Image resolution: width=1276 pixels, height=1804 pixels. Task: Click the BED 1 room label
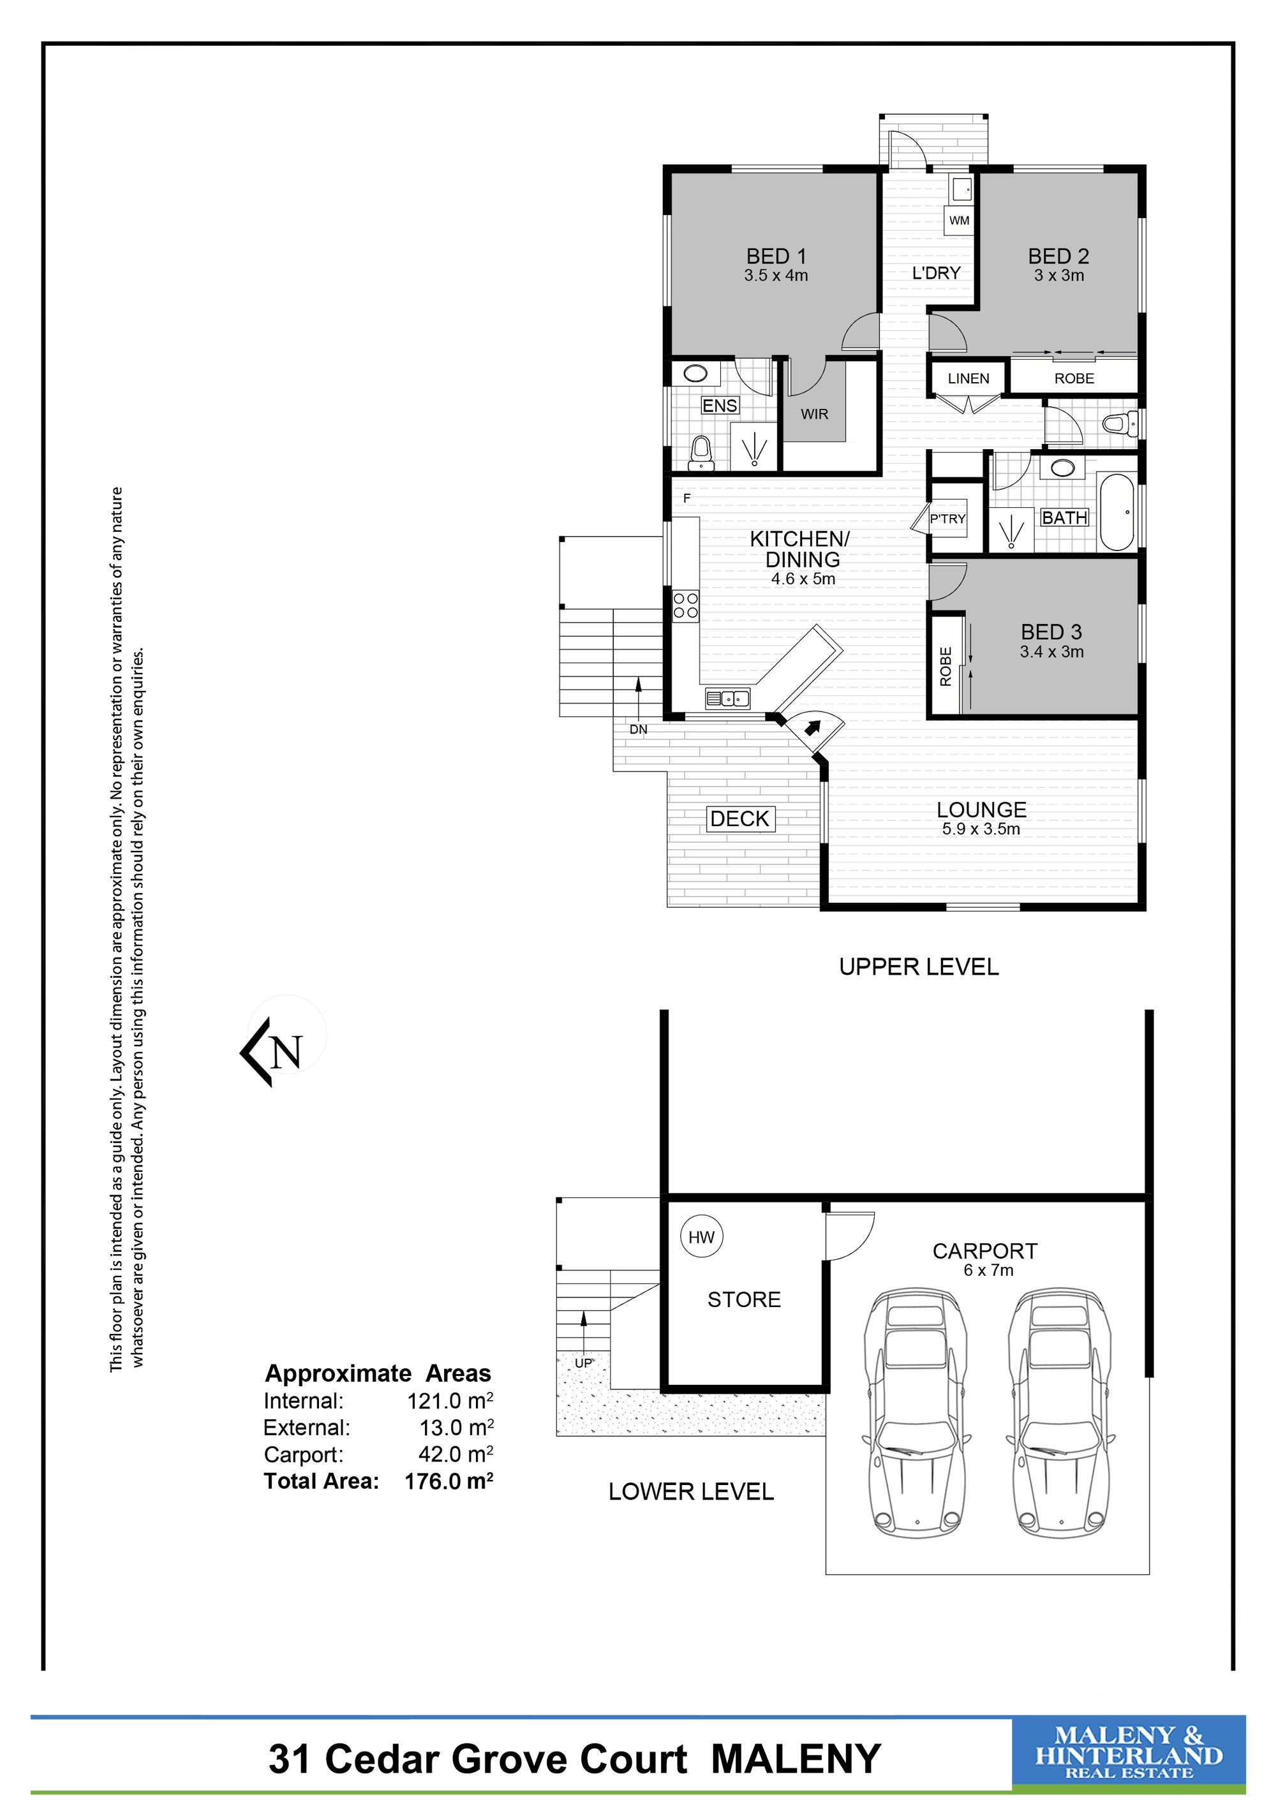pos(776,256)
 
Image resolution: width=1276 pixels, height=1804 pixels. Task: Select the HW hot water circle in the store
pos(701,1238)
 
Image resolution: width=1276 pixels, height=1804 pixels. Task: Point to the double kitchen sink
pos(727,697)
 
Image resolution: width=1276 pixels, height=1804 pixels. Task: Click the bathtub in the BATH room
pos(1116,512)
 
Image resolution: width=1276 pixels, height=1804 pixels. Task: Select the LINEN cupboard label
pos(968,379)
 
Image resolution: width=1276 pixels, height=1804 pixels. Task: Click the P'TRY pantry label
pos(947,519)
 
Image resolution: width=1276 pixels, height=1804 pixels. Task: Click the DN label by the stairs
pos(638,730)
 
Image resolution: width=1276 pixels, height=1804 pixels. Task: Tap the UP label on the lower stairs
pos(583,1363)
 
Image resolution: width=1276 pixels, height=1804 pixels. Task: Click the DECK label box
pos(739,818)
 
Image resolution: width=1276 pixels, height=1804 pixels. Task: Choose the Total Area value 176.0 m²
pos(449,1481)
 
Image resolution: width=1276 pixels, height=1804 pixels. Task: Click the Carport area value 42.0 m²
pos(456,1454)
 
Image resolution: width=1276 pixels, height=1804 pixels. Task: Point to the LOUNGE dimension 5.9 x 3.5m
pos(981,829)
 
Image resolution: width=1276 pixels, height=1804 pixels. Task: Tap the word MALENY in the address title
pos(796,1759)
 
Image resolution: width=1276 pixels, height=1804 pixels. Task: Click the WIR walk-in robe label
pos(814,414)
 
